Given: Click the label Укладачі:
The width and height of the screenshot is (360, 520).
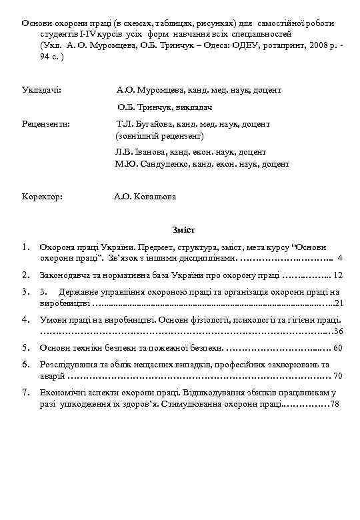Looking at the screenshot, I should [41, 89].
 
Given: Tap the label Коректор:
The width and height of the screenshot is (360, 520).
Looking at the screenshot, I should [42, 197].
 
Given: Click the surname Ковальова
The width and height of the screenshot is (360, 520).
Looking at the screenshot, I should [155, 197].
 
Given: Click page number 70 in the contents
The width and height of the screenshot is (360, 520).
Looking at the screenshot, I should [337, 376].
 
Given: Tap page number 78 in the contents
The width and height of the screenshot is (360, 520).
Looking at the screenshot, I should [335, 404].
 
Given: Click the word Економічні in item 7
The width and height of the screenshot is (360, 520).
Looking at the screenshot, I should [62, 393].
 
